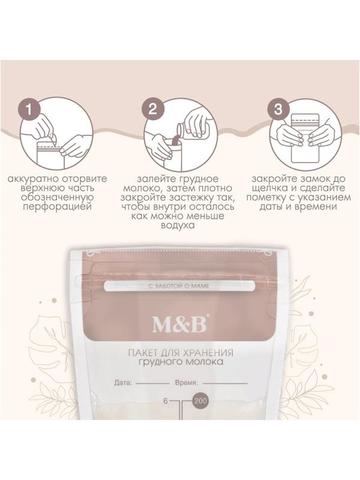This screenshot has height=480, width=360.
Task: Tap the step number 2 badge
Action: pos(153,109)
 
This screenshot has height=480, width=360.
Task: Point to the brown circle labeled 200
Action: pos(200,400)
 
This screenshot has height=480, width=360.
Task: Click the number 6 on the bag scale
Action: pos(166,401)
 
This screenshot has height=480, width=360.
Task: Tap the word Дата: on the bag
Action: pos(124,382)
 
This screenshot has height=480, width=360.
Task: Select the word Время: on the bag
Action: pos(187,382)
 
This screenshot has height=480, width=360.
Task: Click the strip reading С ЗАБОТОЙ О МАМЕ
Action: pos(179,286)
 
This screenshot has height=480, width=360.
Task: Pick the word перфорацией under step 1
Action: pos(58,206)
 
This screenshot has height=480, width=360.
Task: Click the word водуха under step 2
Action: pos(178,226)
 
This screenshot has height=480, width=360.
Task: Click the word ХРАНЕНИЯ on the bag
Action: pos(208,352)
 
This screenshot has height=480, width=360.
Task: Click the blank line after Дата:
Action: pos(152,383)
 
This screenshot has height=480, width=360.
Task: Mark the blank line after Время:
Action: pos(225,383)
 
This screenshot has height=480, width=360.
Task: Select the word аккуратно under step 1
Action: pos(33,178)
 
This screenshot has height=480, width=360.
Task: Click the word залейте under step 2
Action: pos(155,178)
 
